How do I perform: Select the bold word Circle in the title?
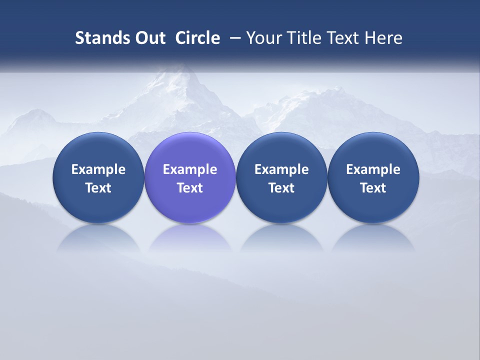coord(197,38)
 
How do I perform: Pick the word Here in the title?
coord(383,38)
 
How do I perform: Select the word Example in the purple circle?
coord(190,169)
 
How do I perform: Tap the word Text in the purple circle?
coord(190,188)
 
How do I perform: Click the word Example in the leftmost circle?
coord(98,169)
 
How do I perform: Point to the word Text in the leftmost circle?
coord(98,188)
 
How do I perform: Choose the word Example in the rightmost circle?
coord(373,169)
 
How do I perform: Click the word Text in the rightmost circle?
coord(373,188)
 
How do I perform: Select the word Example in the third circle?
coord(281,169)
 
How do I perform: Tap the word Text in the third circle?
coord(281,188)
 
